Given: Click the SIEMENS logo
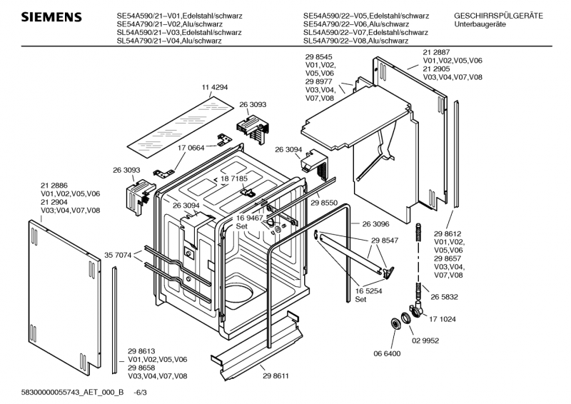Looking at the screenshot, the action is click(x=51, y=17).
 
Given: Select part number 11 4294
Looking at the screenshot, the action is click(x=215, y=87).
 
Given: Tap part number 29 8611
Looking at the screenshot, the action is click(x=276, y=376).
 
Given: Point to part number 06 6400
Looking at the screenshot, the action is click(x=387, y=353).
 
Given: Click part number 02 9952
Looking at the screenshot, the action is click(x=425, y=340).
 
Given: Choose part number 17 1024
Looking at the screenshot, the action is click(x=443, y=319).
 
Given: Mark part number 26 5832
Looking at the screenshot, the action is click(x=444, y=297).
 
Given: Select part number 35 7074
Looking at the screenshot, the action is click(x=118, y=256).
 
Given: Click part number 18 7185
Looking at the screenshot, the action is click(x=234, y=178).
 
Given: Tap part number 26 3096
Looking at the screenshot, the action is click(x=375, y=224).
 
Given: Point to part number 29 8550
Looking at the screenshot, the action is click(x=324, y=203).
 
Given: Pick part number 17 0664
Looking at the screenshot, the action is click(x=191, y=148).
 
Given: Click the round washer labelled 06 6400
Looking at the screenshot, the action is click(x=395, y=324).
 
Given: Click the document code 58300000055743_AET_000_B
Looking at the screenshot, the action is click(x=73, y=393).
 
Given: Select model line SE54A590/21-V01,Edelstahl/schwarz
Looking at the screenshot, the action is click(x=180, y=16).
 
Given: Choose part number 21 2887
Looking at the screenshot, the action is click(x=436, y=52).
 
